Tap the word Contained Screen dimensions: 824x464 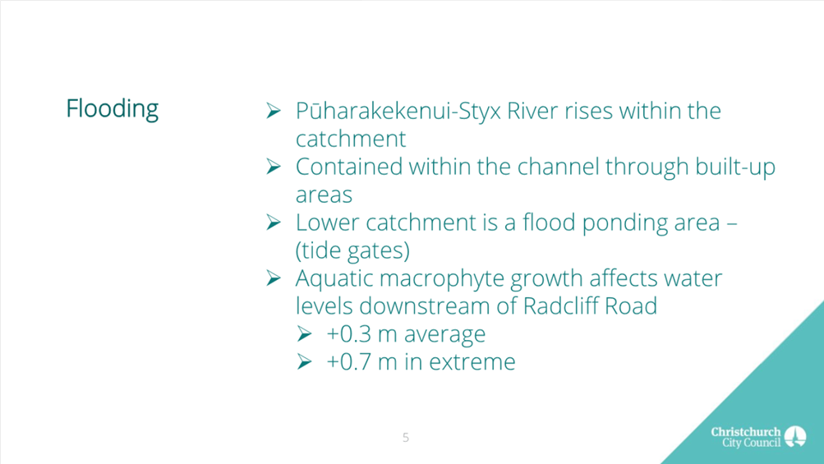click(349, 167)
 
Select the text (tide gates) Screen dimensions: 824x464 click(352, 251)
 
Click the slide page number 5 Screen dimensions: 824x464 click(406, 438)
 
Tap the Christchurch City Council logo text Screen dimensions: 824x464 click(746, 437)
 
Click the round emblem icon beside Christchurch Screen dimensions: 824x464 click(795, 437)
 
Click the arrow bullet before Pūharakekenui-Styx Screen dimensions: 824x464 click(274, 110)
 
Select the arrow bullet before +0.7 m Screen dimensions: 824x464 click(304, 361)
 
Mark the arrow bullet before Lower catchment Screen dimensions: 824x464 click(274, 223)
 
